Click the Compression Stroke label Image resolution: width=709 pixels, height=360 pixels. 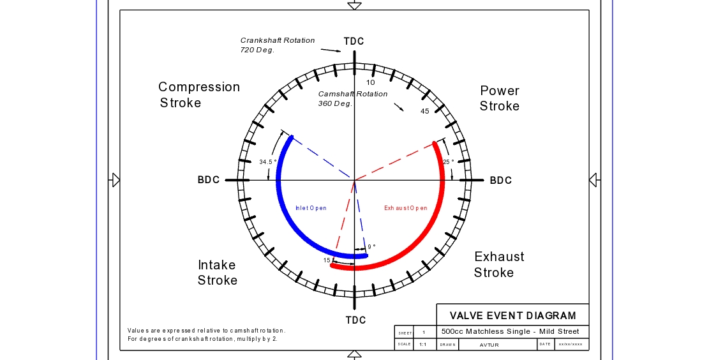click(198, 94)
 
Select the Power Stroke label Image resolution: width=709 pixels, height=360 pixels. click(500, 98)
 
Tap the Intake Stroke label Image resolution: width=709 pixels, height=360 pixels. click(217, 273)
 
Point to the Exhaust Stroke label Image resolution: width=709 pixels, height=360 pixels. click(498, 264)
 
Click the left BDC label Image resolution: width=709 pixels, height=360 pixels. click(209, 181)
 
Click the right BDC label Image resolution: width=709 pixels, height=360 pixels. click(501, 181)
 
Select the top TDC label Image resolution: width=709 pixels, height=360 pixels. click(354, 41)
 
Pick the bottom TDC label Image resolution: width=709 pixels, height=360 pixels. click(356, 320)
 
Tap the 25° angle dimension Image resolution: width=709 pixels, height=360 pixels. click(449, 162)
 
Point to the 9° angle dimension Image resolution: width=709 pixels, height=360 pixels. click(371, 247)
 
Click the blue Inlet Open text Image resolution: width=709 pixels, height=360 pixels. click(311, 208)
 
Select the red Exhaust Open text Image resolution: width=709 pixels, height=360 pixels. click(405, 208)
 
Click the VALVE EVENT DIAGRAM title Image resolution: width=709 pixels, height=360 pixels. click(512, 315)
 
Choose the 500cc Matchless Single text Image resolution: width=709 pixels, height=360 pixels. click(511, 331)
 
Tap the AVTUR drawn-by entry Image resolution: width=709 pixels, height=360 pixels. click(489, 345)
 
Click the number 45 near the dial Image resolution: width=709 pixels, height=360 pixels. click(425, 112)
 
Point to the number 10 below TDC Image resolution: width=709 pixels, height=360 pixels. click(371, 82)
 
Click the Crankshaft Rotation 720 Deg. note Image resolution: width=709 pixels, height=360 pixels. click(277, 45)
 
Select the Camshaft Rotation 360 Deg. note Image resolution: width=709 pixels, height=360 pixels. click(352, 98)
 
